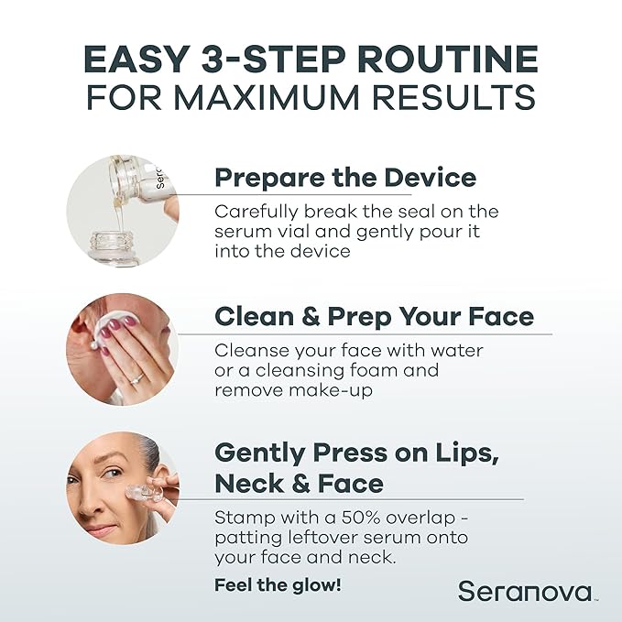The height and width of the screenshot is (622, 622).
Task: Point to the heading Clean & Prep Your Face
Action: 373,317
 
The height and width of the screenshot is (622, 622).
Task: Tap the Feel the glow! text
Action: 277,584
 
